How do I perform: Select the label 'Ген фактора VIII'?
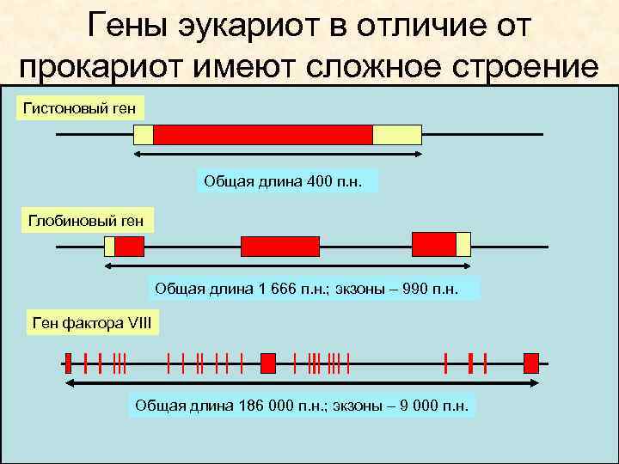tap(90, 324)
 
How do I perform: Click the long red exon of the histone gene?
tap(262, 135)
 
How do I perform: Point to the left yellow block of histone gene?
tap(144, 135)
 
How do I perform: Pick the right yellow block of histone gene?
tap(396, 135)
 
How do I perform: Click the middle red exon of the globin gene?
tap(279, 247)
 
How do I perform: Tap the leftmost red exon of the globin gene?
tap(129, 247)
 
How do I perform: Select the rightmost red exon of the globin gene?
tap(434, 244)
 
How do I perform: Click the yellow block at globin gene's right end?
tap(463, 244)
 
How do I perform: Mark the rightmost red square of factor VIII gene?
tap(530, 363)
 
